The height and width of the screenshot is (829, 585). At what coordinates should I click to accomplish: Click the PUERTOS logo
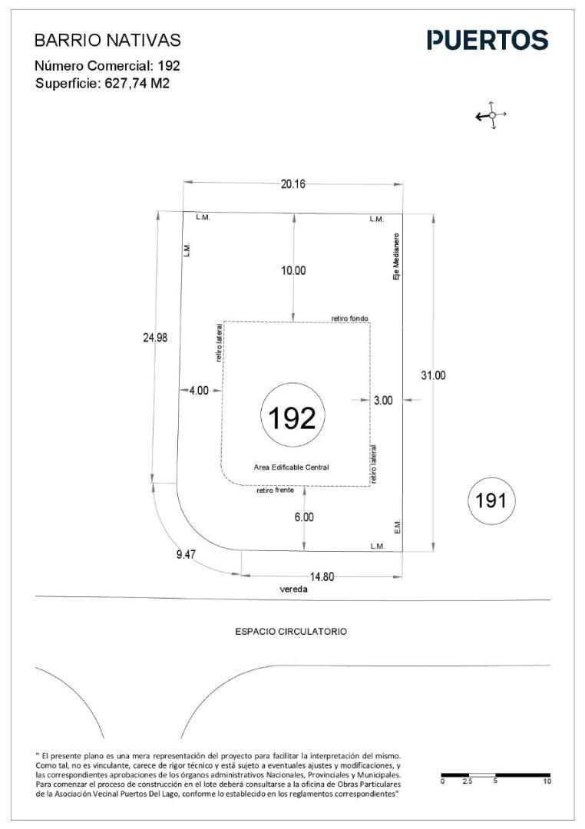(487, 40)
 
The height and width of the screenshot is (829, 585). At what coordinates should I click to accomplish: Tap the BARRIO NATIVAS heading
(107, 40)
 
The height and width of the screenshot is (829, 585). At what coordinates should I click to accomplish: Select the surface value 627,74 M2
(134, 83)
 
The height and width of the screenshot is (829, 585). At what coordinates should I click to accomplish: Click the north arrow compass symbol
(491, 114)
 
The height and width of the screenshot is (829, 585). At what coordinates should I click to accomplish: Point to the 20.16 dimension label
(293, 184)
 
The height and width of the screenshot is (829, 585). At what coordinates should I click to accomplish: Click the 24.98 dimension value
(156, 337)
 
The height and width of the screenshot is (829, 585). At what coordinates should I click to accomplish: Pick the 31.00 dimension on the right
(433, 375)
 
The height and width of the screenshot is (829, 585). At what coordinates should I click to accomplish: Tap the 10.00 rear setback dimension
(293, 271)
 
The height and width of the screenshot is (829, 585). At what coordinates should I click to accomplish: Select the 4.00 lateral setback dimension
(199, 391)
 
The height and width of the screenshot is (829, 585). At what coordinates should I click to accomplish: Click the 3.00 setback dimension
(383, 400)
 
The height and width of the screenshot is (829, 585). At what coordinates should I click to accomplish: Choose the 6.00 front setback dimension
(304, 517)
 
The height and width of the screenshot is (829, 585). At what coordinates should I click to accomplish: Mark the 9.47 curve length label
(187, 555)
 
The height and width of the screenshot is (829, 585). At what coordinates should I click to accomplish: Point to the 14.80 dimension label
(322, 576)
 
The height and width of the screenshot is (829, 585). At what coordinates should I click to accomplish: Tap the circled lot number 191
(491, 500)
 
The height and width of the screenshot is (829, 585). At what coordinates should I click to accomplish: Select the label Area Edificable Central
(292, 467)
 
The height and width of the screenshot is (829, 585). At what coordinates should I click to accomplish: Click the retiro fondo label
(349, 319)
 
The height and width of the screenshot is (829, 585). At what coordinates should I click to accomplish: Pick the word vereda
(293, 590)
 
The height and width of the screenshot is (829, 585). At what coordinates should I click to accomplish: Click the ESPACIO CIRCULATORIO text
(292, 631)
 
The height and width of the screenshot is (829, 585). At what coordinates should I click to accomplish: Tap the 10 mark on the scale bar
(547, 781)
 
